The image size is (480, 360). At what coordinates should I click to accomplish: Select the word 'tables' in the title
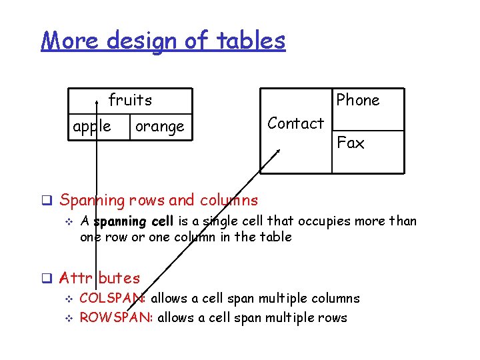pyautogui.click(x=254, y=41)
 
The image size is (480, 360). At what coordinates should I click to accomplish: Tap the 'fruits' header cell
pyautogui.click(x=131, y=100)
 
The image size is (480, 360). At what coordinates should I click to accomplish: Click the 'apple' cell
pyautogui.click(x=92, y=126)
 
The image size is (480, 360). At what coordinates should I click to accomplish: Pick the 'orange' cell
pyautogui.click(x=159, y=126)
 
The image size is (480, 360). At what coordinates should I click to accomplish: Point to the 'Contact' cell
pyautogui.click(x=295, y=123)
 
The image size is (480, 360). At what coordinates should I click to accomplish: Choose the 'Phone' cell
pyautogui.click(x=358, y=100)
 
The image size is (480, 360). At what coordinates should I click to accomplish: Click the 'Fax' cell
pyautogui.click(x=351, y=143)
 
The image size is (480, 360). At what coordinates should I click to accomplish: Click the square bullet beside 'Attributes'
pyautogui.click(x=47, y=278)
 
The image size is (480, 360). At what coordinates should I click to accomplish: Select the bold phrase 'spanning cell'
pyautogui.click(x=133, y=221)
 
